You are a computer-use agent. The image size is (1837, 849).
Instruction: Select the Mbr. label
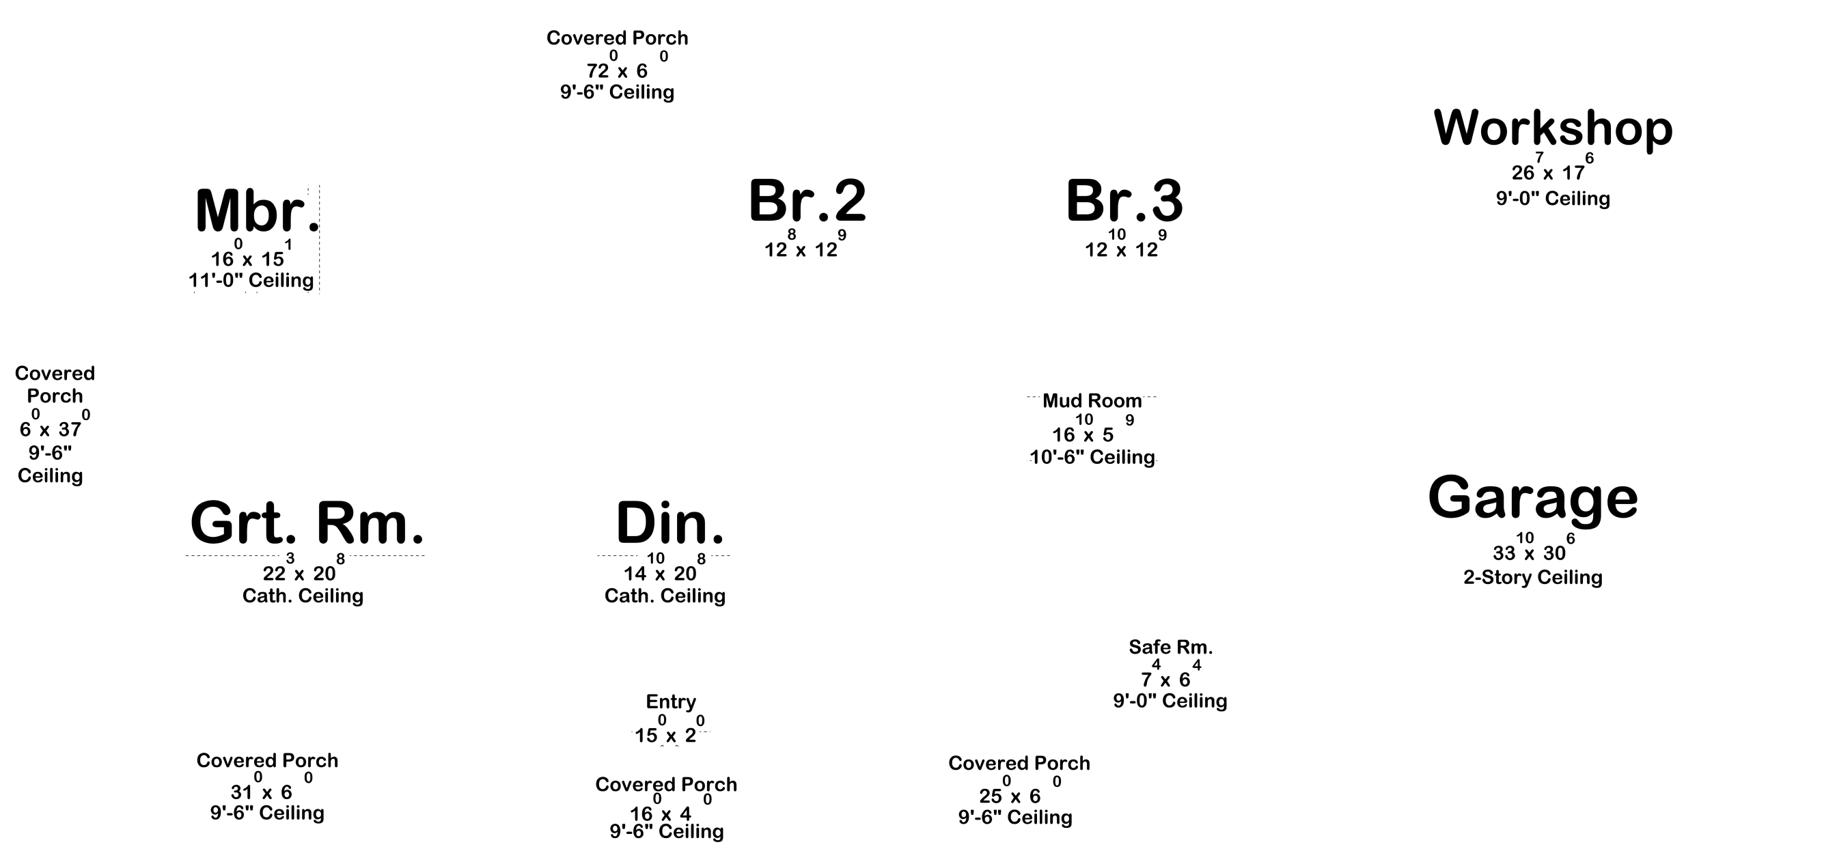[x=258, y=211]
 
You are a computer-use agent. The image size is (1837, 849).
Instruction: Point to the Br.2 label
[x=807, y=200]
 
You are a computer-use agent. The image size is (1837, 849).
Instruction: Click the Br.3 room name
[x=1124, y=200]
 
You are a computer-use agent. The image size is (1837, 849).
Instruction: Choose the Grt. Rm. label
[x=307, y=523]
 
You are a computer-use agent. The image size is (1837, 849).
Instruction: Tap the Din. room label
[x=669, y=523]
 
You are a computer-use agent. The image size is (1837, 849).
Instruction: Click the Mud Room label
[x=1092, y=401]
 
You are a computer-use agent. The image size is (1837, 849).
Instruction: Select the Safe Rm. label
[x=1170, y=648]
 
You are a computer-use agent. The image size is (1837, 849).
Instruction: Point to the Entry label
[x=670, y=702]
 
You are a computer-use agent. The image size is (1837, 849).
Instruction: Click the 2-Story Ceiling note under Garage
[x=1532, y=577]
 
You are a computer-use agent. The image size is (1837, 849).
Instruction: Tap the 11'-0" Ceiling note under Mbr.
[x=251, y=280]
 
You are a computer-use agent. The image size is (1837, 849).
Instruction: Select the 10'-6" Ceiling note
[x=1092, y=457]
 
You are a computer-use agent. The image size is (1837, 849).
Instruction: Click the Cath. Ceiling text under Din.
[x=665, y=596]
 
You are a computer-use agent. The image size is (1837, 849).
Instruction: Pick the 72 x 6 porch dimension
[x=618, y=66]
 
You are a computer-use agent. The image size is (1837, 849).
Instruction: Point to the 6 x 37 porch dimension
[x=54, y=425]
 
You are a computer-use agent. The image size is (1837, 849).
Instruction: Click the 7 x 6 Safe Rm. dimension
[x=1170, y=674]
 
